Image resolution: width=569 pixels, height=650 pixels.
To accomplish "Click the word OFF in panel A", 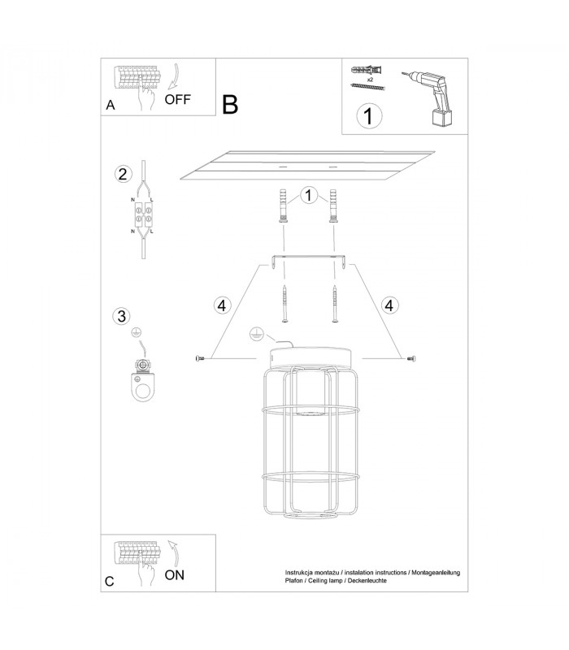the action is click(177, 99).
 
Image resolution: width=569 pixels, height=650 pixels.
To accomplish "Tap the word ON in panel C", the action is click(175, 575).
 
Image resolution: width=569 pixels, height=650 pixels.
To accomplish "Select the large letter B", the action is click(230, 105).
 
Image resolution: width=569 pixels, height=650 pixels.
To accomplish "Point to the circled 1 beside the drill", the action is click(369, 115).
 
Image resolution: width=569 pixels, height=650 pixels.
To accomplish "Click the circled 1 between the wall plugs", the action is click(308, 195).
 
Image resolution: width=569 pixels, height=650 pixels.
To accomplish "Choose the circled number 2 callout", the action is click(123, 174).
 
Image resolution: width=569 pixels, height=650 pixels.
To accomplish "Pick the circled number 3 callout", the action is click(121, 316).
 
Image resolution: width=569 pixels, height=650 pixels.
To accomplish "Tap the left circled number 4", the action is click(222, 305).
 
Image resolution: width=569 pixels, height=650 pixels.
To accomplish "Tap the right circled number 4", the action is click(389, 305).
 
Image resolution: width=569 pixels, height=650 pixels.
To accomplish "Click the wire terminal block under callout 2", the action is click(143, 215).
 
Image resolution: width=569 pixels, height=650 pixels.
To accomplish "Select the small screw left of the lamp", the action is click(200, 358).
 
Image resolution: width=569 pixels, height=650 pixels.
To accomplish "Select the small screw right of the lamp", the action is click(411, 358).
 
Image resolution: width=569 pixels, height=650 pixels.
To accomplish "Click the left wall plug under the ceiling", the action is click(283, 206).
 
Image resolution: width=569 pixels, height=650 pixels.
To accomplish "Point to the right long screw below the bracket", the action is click(335, 303).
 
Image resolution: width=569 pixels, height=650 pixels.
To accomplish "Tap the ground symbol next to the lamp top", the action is click(257, 334).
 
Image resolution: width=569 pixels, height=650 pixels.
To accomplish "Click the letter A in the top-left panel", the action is click(111, 106).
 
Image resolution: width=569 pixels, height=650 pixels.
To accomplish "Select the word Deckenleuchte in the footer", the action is click(367, 580).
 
